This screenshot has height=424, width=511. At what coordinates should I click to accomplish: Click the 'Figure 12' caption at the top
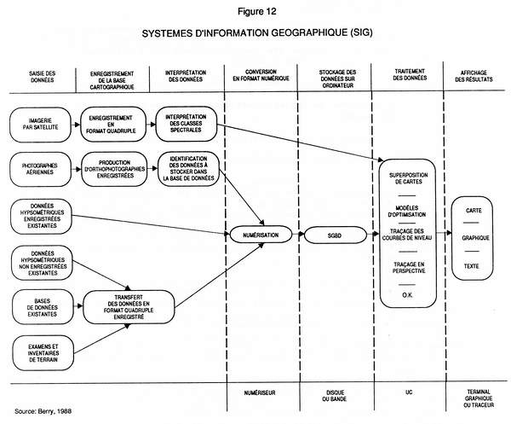255,10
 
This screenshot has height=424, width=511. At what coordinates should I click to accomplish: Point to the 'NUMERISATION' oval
261,233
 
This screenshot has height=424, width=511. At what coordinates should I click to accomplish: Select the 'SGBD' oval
334,233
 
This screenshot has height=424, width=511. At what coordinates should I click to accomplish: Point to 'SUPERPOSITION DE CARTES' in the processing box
407,182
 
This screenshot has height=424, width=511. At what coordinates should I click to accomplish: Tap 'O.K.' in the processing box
407,294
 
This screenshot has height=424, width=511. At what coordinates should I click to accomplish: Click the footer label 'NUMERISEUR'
260,394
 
